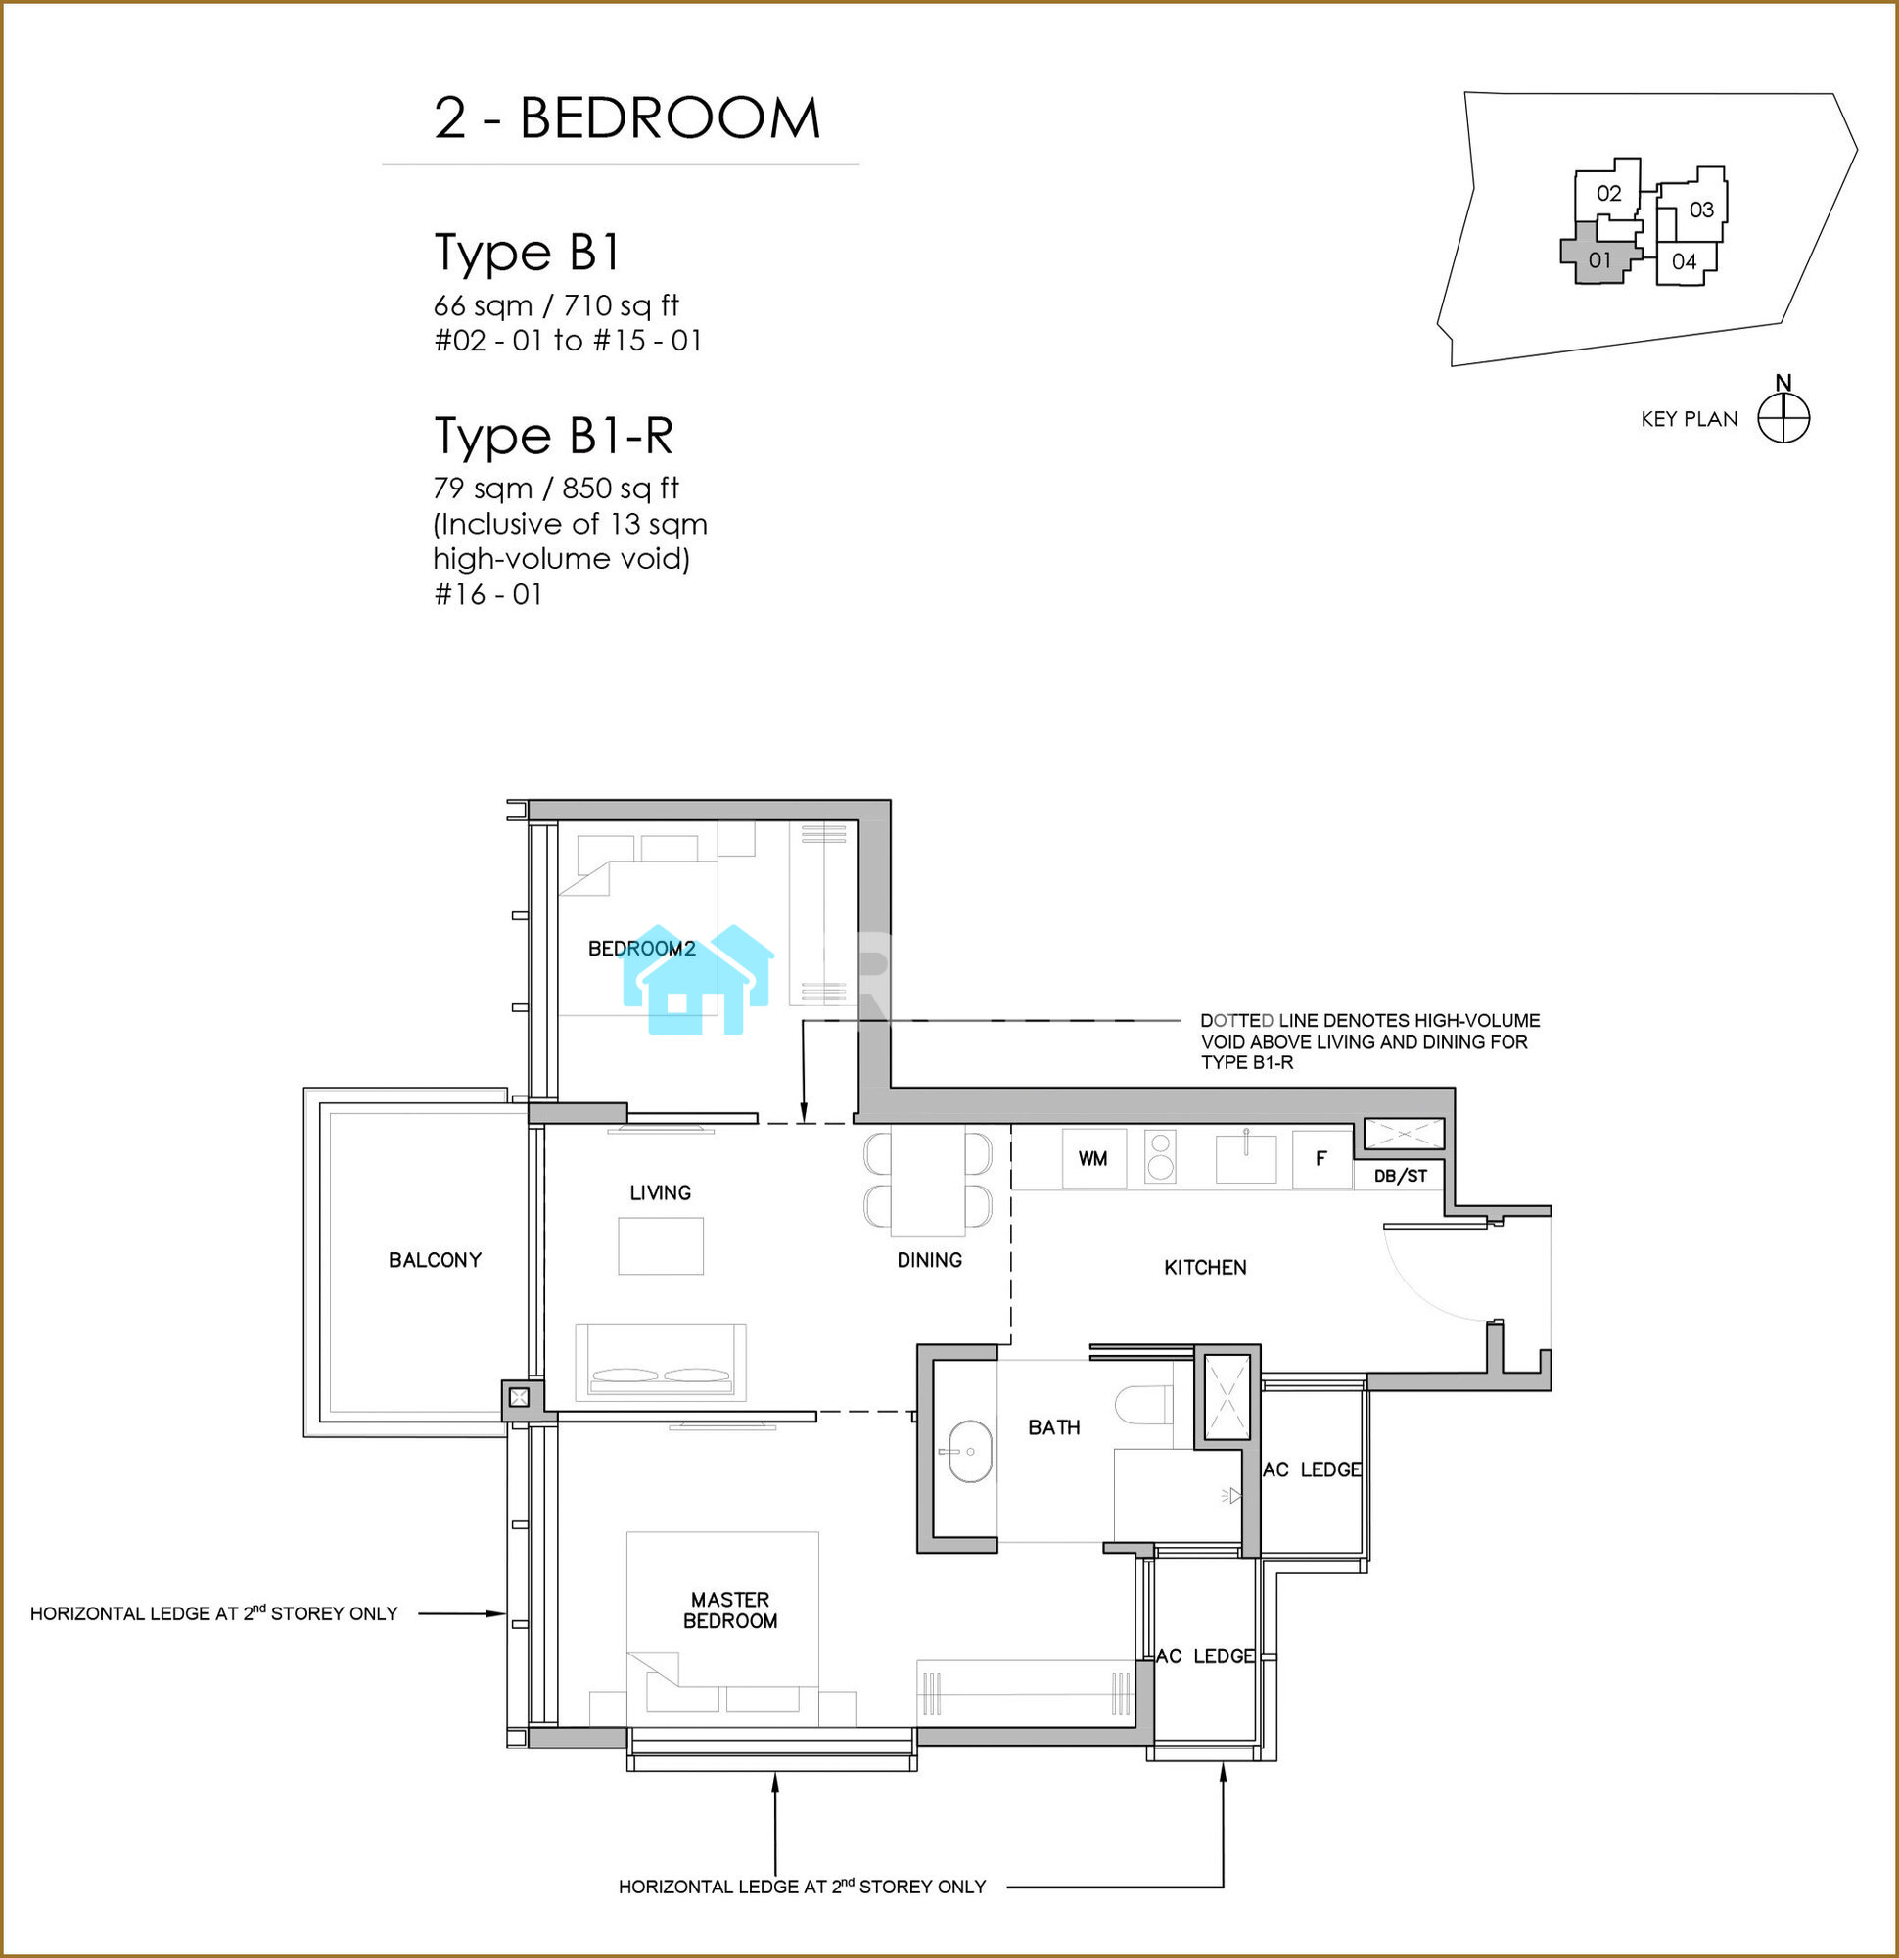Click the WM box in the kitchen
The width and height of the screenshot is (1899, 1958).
coord(1093,1158)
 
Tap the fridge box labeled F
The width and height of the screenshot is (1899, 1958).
coord(1321,1159)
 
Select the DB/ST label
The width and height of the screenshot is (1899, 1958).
coord(1401,1176)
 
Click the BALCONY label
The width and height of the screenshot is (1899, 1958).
coord(435,1260)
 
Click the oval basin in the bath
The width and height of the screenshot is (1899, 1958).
coord(965,1452)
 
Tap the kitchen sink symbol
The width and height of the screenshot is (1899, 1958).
coord(1246,1158)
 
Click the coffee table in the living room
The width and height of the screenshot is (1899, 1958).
coord(661,1245)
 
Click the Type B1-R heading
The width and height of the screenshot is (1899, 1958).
coord(553,436)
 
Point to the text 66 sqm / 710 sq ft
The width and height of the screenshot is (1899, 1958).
coord(556,304)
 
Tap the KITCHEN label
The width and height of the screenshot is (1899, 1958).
coord(1206,1267)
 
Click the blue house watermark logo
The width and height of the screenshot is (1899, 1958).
coord(697,978)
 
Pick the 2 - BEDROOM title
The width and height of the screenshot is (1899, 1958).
coord(627,117)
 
